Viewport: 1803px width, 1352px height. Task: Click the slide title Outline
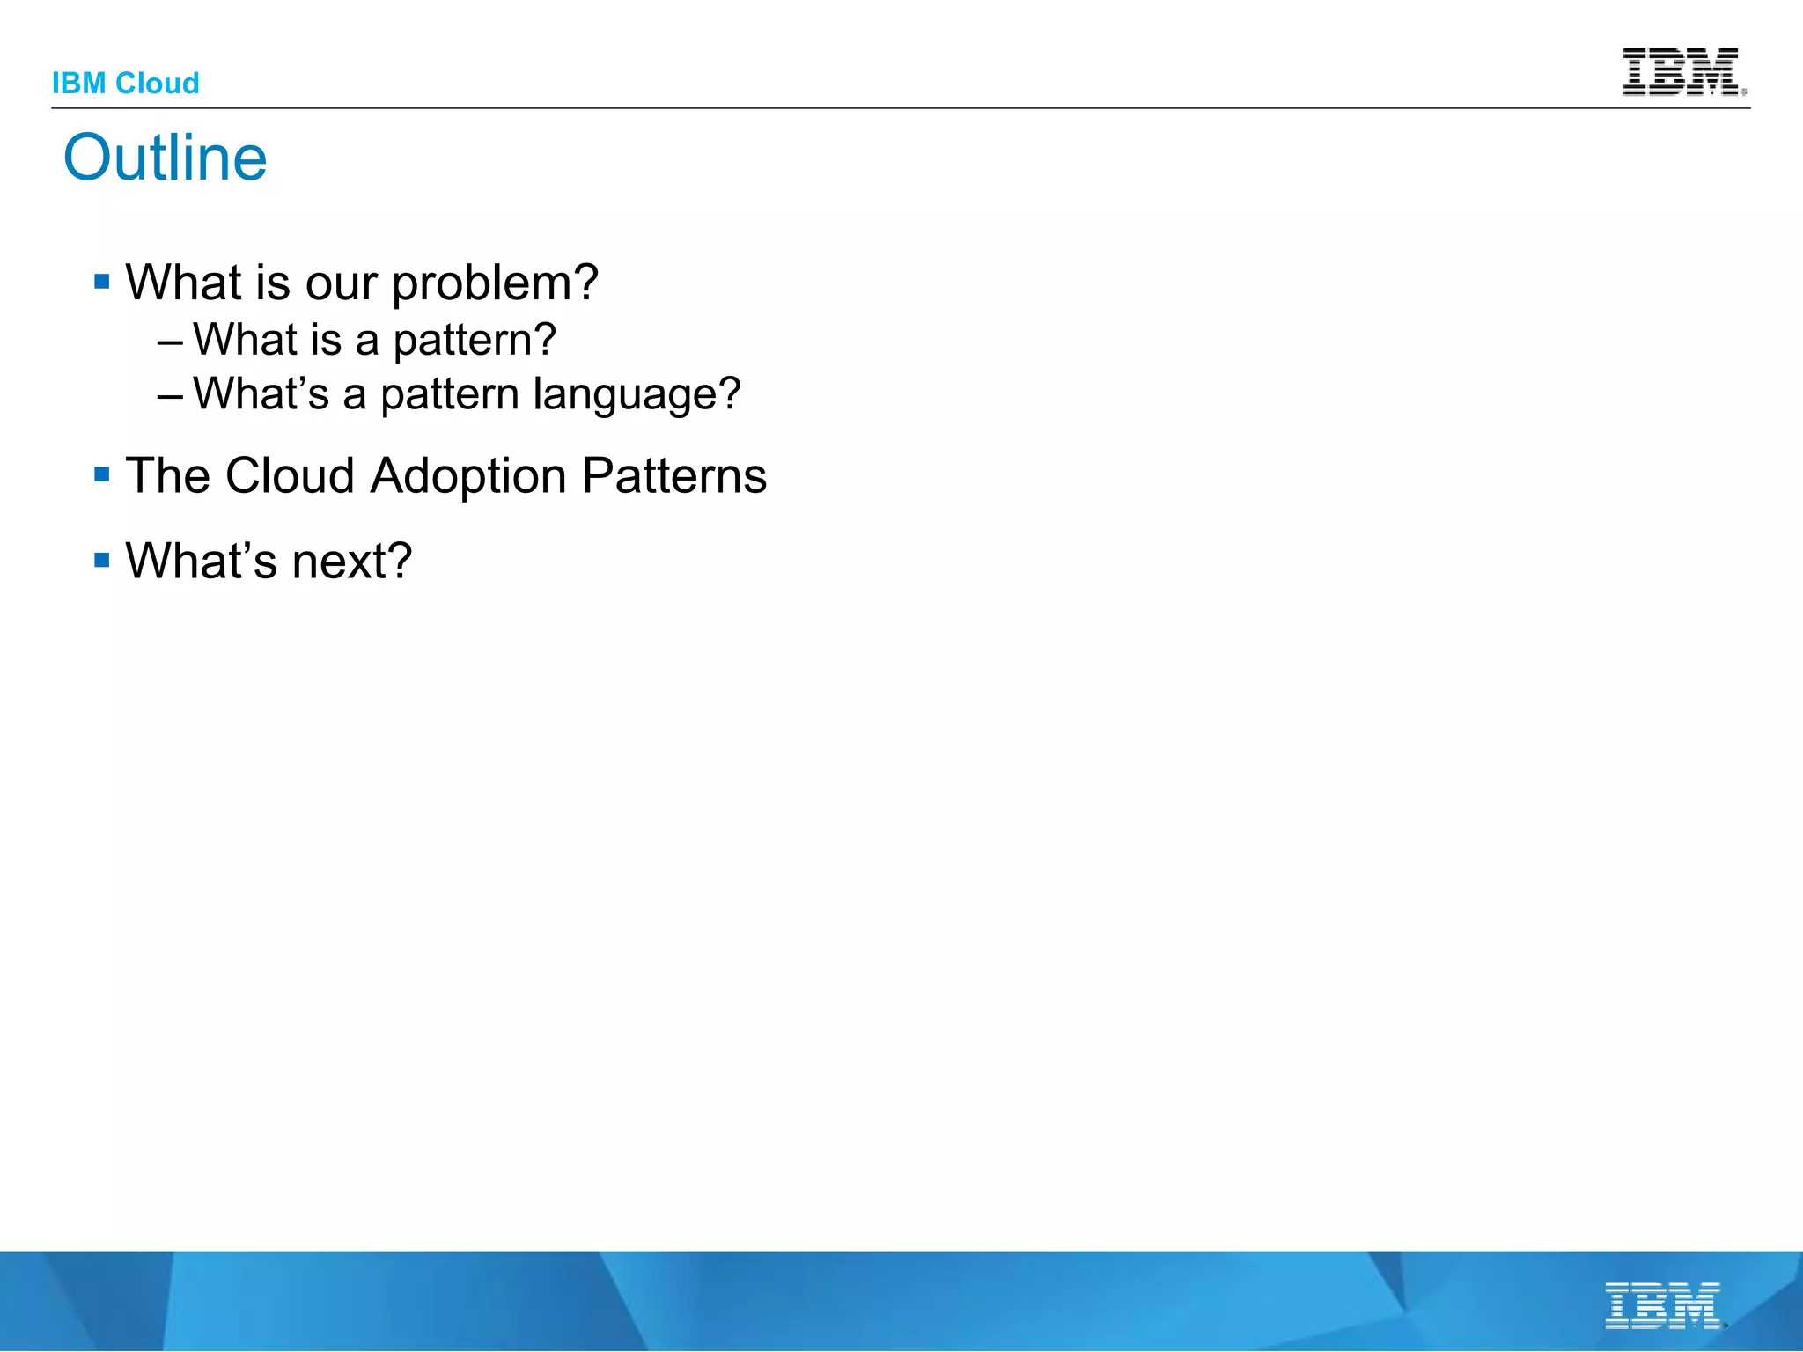pyautogui.click(x=165, y=158)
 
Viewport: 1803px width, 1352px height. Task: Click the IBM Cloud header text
pyautogui.click(x=125, y=84)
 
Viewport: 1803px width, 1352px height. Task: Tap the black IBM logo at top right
pyautogui.click(x=1682, y=71)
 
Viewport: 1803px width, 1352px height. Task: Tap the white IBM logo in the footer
pyautogui.click(x=1663, y=1305)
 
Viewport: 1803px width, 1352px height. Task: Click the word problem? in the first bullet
pyautogui.click(x=495, y=284)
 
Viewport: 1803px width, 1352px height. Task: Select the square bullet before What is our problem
pyautogui.click(x=102, y=282)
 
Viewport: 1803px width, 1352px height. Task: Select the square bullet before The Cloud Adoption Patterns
pyautogui.click(x=102, y=475)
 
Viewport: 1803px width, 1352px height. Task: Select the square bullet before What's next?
pyautogui.click(x=102, y=560)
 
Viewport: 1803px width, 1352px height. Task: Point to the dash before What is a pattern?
pyautogui.click(x=170, y=342)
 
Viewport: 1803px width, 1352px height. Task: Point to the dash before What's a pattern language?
pyautogui.click(x=170, y=395)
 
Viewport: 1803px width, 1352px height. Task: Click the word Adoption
pyautogui.click(x=467, y=476)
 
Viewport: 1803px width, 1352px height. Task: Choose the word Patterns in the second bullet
pyautogui.click(x=674, y=476)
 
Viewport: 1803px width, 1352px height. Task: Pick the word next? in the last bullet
pyautogui.click(x=351, y=562)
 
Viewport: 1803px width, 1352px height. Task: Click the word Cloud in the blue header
pyautogui.click(x=158, y=84)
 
